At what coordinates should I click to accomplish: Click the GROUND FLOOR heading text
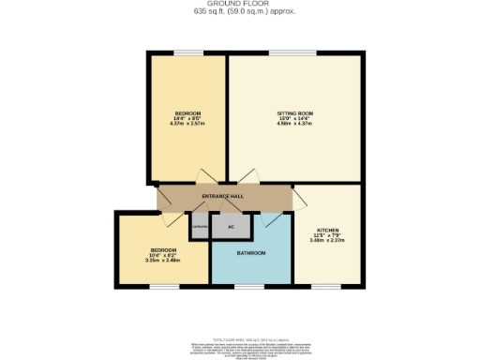pyautogui.click(x=239, y=4)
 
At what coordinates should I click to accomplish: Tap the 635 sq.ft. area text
pyautogui.click(x=239, y=12)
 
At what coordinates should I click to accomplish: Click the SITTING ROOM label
pyautogui.click(x=294, y=113)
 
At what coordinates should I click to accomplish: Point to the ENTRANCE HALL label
pyautogui.click(x=223, y=195)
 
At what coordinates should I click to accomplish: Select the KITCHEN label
pyautogui.click(x=327, y=230)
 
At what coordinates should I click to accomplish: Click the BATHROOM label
pyautogui.click(x=250, y=253)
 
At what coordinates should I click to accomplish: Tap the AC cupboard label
pyautogui.click(x=229, y=227)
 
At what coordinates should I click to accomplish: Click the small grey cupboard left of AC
pyautogui.click(x=199, y=227)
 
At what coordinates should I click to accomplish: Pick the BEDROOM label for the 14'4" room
pyautogui.click(x=187, y=113)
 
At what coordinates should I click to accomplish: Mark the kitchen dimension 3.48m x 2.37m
pyautogui.click(x=327, y=241)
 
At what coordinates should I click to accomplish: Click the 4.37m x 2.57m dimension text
pyautogui.click(x=187, y=125)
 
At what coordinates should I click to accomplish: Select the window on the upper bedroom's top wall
pyautogui.click(x=187, y=53)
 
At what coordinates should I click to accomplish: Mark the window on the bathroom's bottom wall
pyautogui.click(x=251, y=284)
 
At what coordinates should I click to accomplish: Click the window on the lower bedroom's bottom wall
pyautogui.click(x=164, y=284)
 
